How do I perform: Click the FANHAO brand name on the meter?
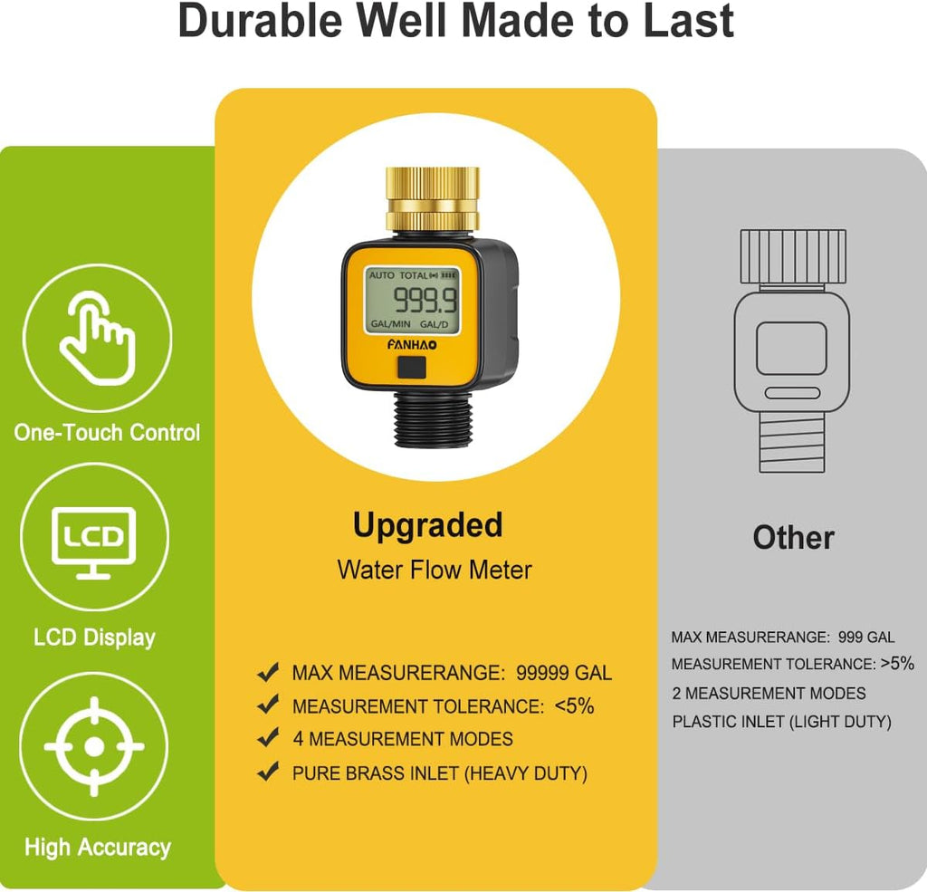413,344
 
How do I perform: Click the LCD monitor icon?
94,540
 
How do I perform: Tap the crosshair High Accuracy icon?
94,746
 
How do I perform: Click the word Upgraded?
427,525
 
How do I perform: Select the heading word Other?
793,537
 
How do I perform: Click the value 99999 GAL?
564,673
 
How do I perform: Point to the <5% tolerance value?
574,706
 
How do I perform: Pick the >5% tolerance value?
897,663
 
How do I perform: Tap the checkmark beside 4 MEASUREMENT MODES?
268,738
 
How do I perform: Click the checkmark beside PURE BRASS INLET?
268,772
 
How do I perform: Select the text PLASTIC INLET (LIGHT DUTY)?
781,722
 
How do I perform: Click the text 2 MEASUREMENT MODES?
769,693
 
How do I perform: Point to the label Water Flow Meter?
435,570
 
